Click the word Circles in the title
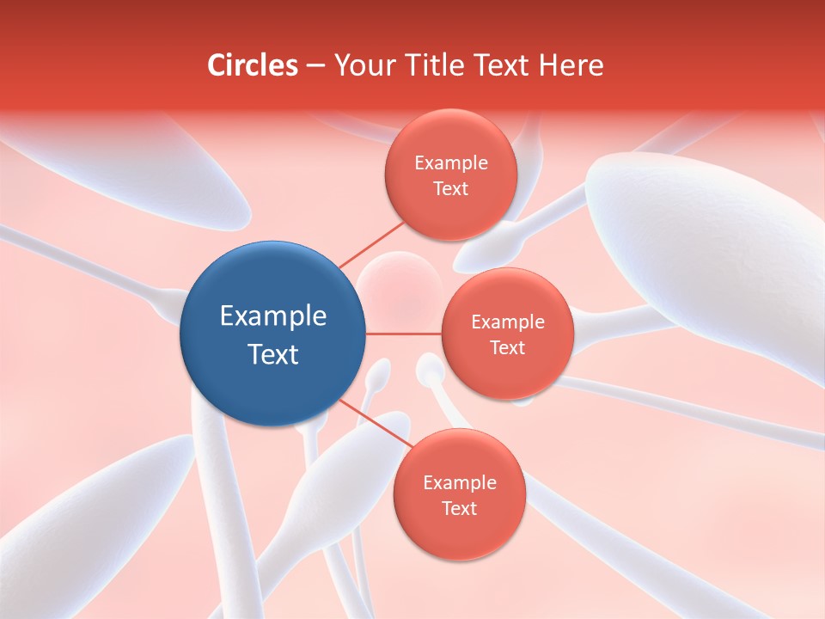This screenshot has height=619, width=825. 252,65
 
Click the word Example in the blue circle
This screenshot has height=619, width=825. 273,316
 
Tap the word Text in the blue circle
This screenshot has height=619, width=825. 273,354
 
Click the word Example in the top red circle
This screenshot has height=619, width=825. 450,162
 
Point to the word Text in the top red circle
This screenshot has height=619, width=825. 450,188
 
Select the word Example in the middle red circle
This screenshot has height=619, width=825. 507,322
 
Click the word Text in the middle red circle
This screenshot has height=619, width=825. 507,347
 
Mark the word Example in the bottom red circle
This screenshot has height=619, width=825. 459,482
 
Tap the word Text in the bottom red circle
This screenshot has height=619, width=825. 459,508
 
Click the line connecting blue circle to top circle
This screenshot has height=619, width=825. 371,244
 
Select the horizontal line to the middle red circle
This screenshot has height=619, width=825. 404,333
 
